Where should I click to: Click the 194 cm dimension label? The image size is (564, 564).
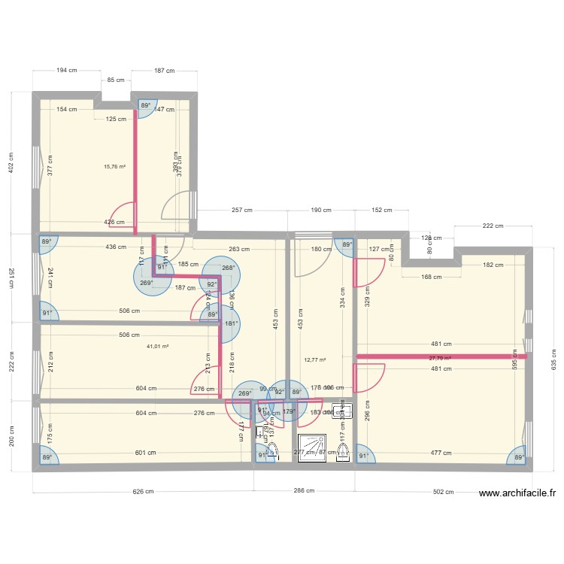pos(67,71)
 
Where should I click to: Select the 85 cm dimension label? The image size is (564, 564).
pos(116,80)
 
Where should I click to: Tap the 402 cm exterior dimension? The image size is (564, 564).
pos(11,162)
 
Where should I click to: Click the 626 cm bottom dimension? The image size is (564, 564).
pos(143,492)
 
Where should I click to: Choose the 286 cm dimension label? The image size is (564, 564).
pos(303,492)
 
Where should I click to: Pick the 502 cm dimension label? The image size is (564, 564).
pos(444,492)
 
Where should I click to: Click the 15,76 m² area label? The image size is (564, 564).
pos(114,168)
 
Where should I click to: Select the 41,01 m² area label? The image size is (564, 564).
pos(158,347)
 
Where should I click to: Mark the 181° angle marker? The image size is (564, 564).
pos(229,324)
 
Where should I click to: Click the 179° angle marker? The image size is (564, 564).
pos(289,411)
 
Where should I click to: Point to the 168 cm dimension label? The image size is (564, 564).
pos(431,276)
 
